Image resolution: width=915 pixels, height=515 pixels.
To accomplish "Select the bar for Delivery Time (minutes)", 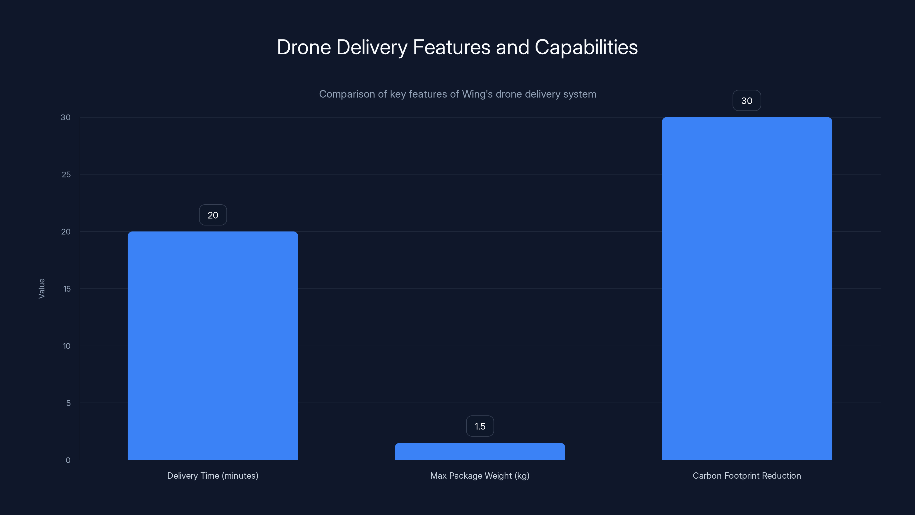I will (213, 345).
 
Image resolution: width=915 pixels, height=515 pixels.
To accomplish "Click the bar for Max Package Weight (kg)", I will (480, 451).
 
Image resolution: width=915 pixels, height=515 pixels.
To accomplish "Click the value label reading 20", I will (213, 215).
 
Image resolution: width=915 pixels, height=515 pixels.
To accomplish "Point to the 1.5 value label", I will (480, 426).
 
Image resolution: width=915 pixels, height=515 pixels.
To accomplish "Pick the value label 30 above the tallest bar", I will (747, 101).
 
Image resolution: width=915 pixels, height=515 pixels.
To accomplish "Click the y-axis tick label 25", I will (66, 175).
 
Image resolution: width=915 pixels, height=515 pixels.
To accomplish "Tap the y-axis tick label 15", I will (67, 289).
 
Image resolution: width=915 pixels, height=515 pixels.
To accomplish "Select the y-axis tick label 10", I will (66, 346).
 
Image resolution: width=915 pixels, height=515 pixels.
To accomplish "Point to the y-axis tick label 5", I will (68, 403).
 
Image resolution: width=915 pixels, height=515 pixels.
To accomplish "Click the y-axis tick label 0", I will (68, 460).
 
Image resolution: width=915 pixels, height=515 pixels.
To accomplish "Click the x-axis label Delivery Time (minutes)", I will (213, 476).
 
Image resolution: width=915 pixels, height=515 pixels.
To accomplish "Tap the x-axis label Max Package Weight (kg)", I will (480, 476).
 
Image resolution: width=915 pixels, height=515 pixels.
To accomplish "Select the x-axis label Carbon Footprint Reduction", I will (747, 476).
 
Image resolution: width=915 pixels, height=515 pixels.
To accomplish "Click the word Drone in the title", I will (304, 47).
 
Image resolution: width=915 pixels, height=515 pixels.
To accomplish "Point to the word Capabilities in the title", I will (586, 47).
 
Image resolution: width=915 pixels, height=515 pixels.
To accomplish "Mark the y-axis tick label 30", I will (65, 117).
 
